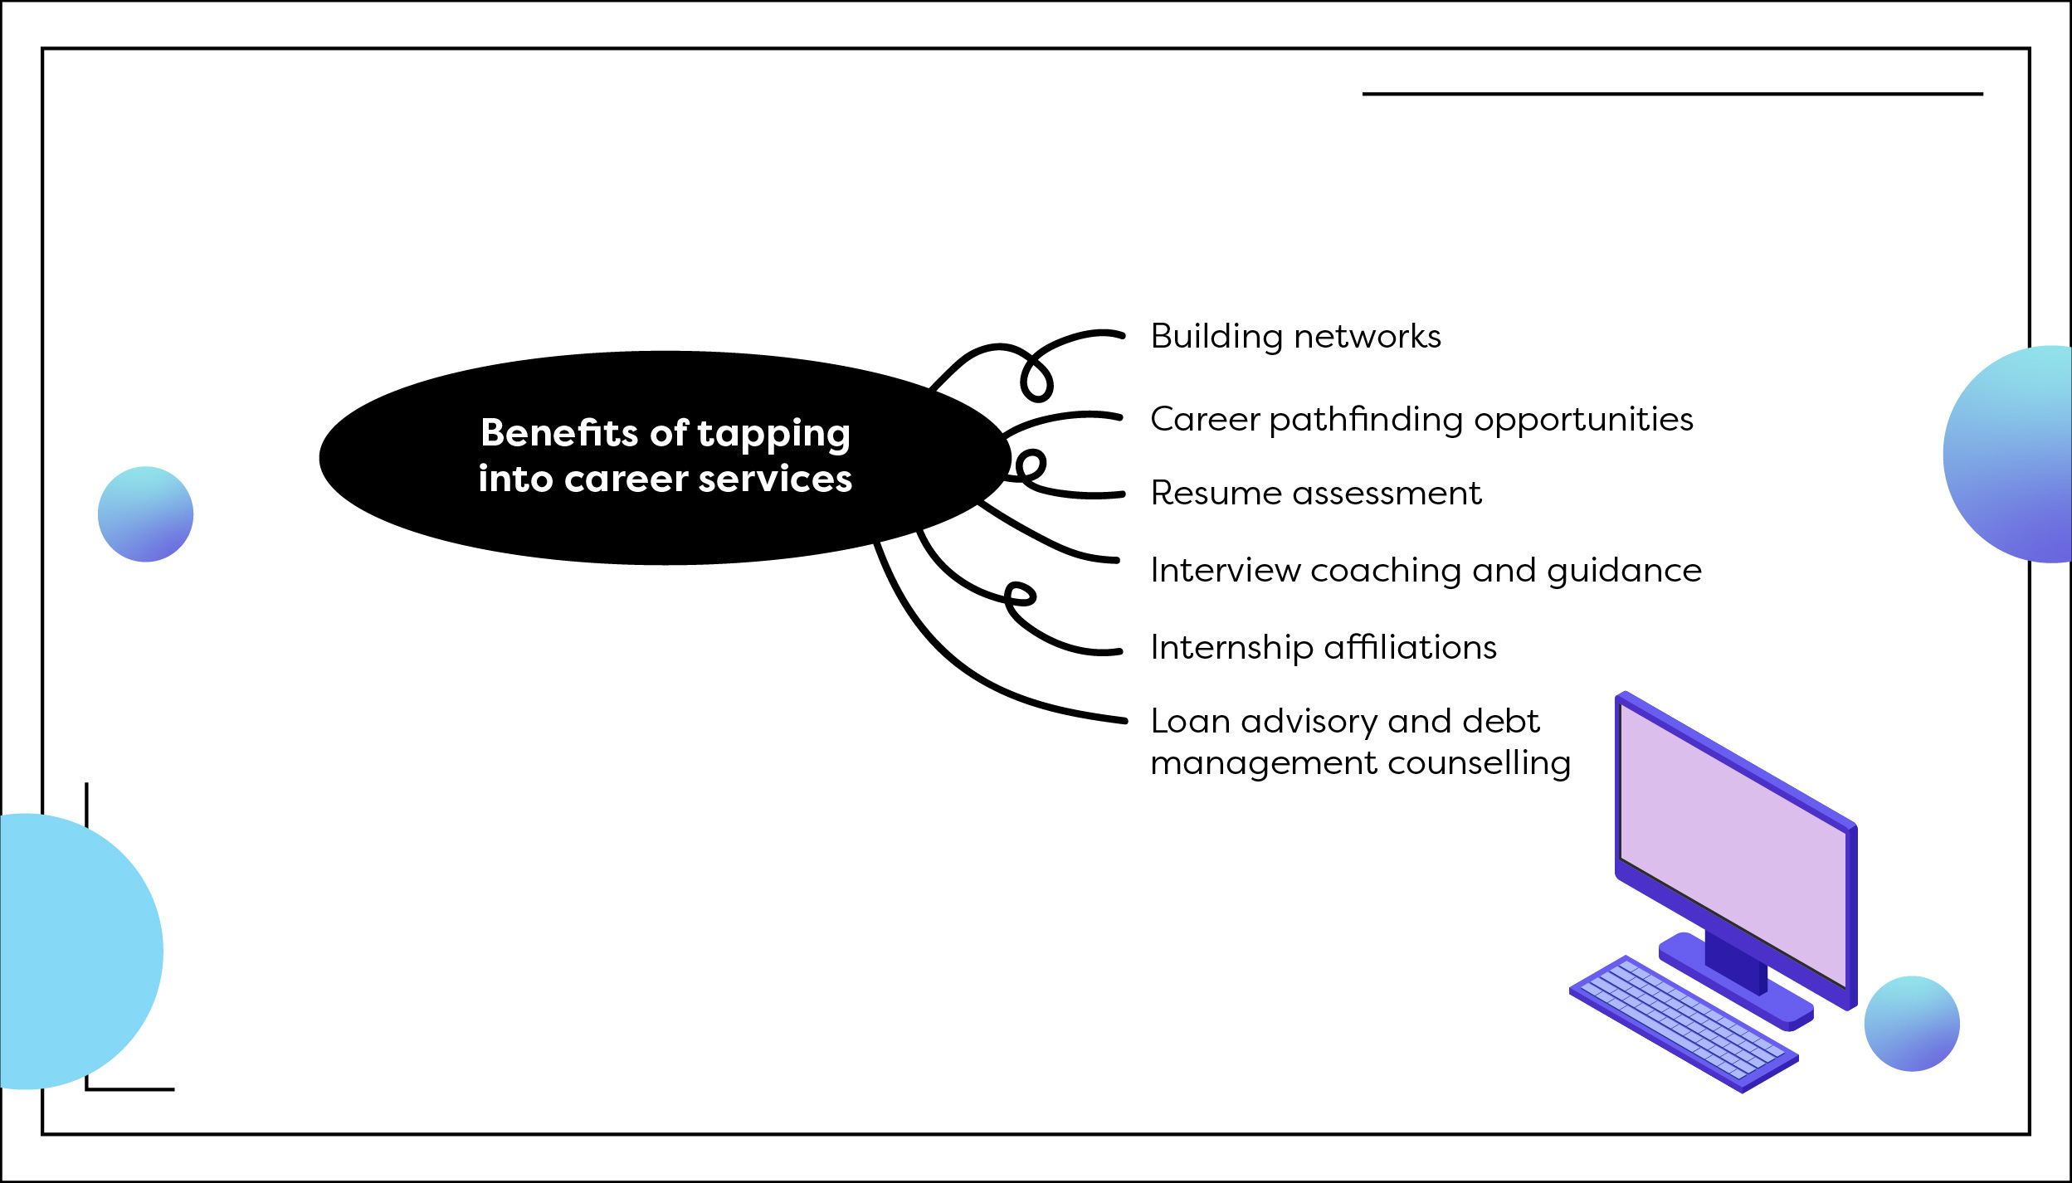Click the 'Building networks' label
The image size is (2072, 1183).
(x=1295, y=337)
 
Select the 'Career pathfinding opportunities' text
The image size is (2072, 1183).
(x=1421, y=420)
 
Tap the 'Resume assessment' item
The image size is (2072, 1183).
(x=1315, y=494)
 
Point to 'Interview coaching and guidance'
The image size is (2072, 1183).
(x=1426, y=571)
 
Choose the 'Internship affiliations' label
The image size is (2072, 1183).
(x=1324, y=647)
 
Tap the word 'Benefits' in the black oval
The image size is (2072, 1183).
(x=559, y=433)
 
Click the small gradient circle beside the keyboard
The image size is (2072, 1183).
(x=1912, y=1024)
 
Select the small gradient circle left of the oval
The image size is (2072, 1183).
(x=146, y=514)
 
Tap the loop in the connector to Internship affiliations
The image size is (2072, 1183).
(x=1020, y=594)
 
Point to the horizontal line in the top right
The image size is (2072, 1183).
(x=1672, y=95)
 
